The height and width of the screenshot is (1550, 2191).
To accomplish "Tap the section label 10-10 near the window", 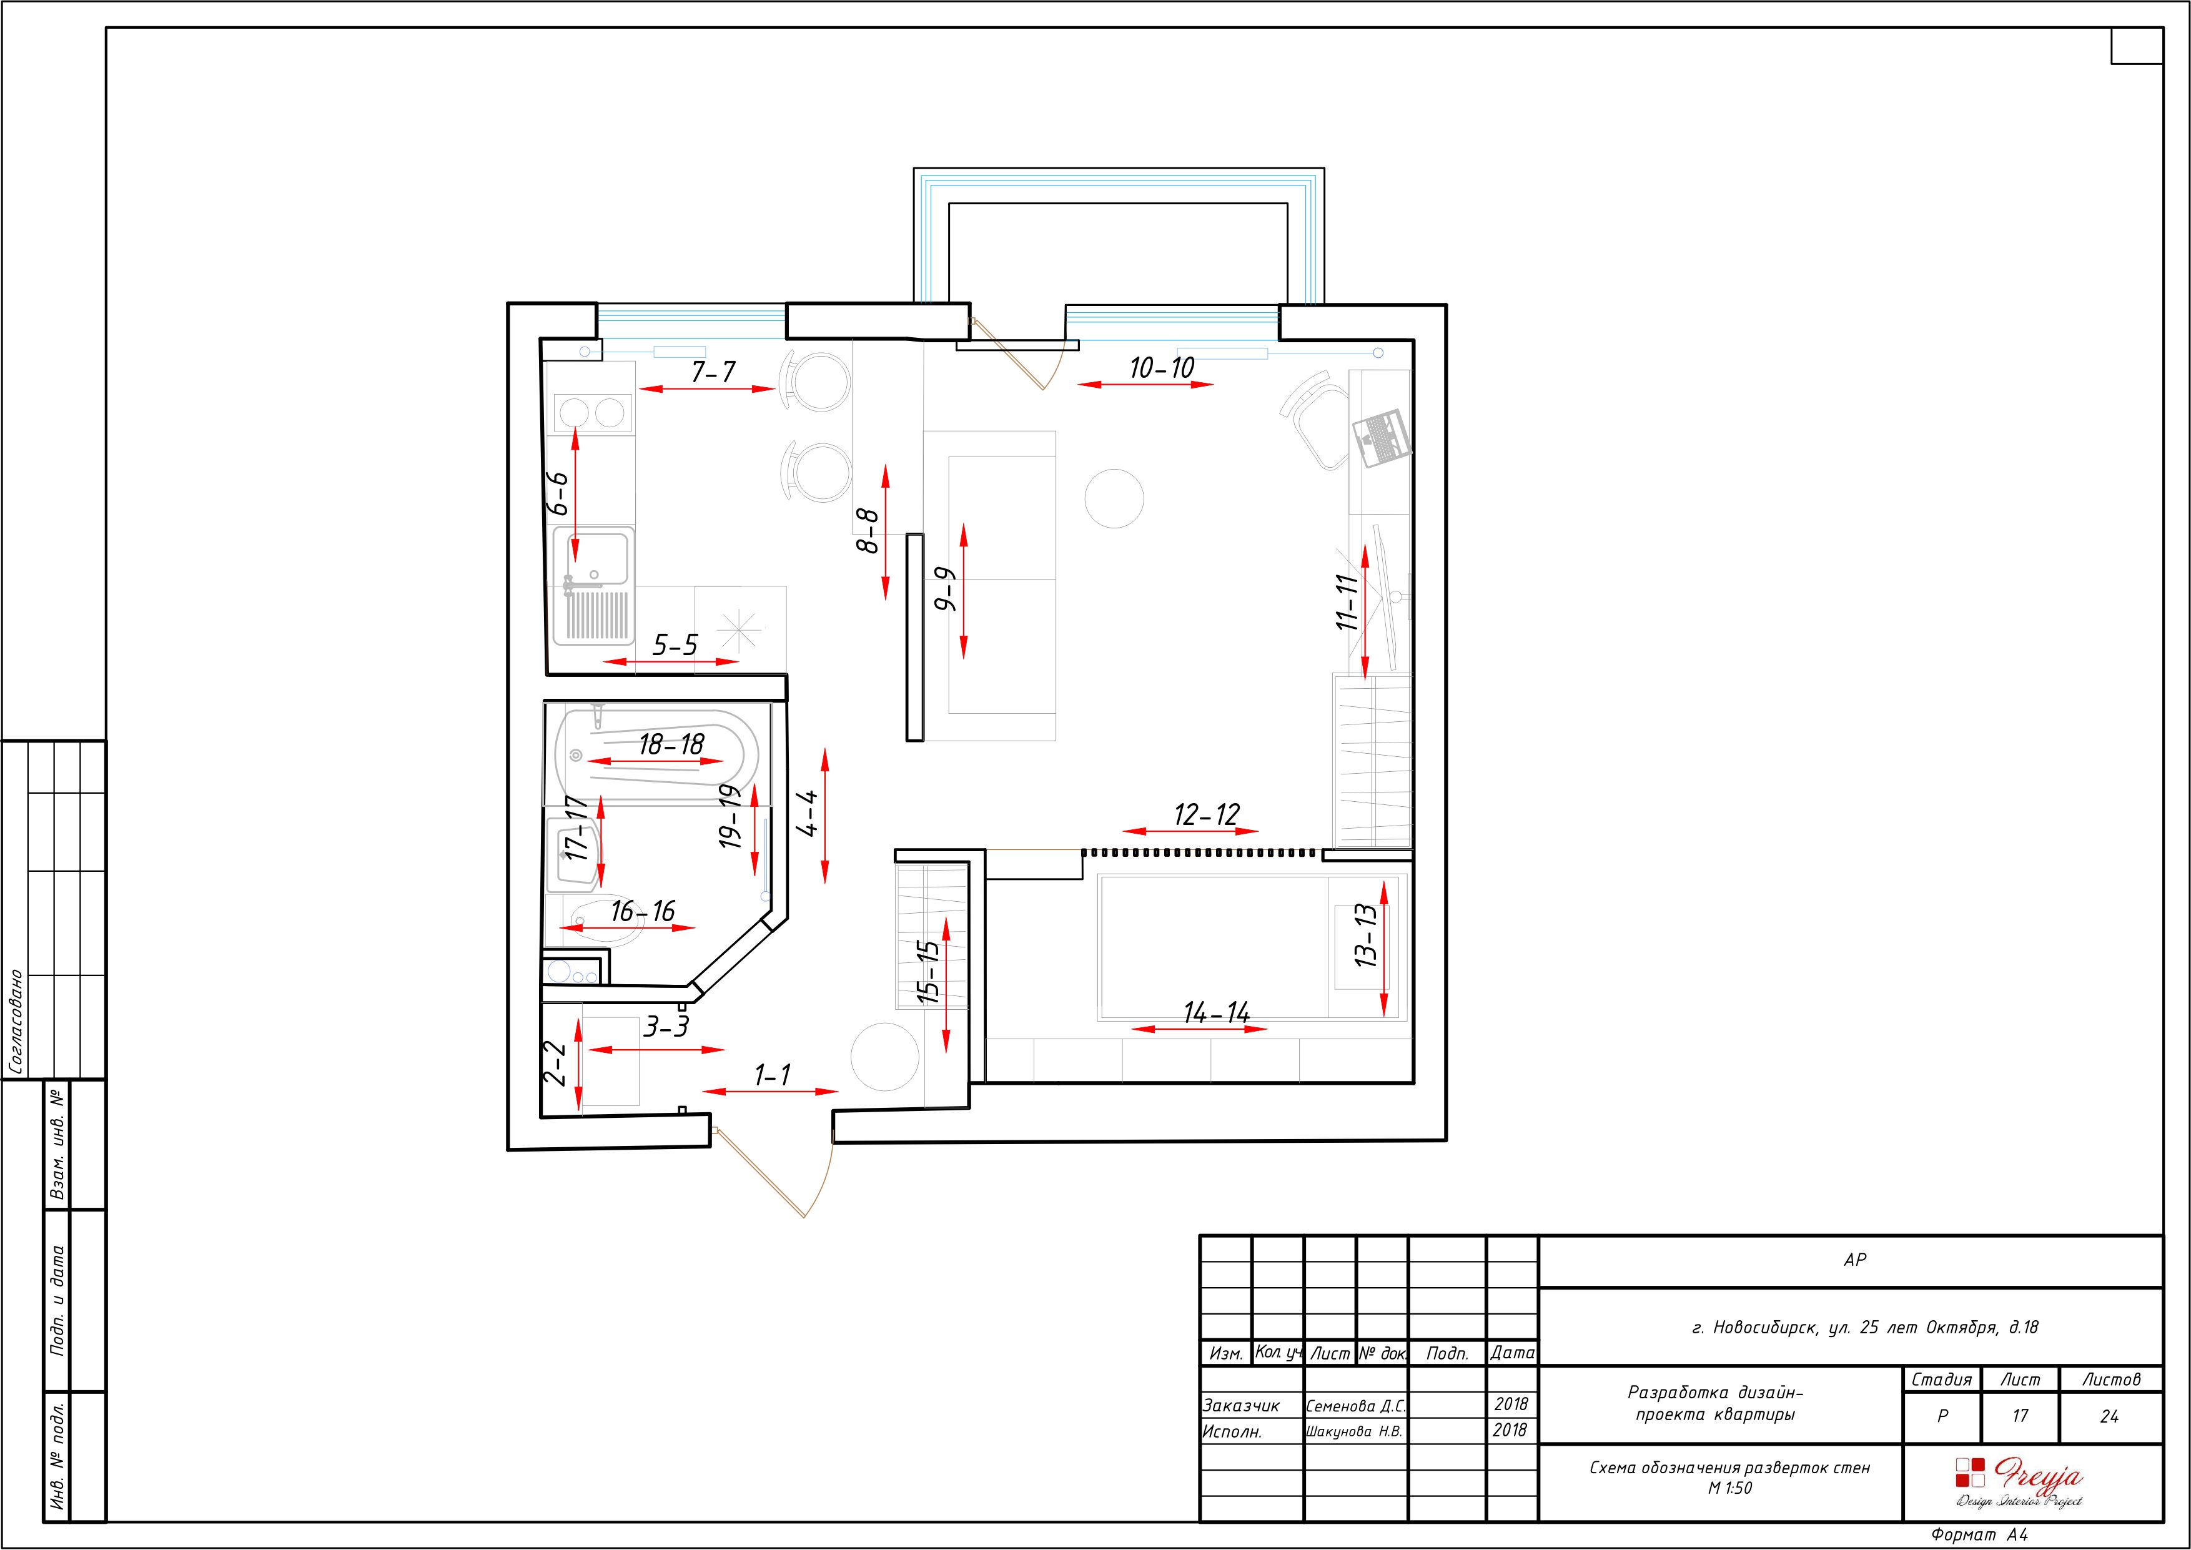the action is (x=1161, y=367).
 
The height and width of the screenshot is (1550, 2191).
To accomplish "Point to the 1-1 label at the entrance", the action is (x=772, y=1075).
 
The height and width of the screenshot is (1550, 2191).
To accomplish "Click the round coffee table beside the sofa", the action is (x=1115, y=498).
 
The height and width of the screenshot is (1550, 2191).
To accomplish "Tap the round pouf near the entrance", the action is (x=884, y=1057).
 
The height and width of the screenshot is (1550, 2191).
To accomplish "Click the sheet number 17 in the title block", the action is (x=2020, y=1416).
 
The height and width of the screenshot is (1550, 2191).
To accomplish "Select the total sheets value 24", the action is (x=2109, y=1416).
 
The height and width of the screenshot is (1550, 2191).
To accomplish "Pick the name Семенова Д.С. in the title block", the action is (x=1355, y=1406).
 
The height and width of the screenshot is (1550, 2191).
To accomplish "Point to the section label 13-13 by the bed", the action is (x=1367, y=935).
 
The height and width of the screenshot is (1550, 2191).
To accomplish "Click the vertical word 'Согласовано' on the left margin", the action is (x=16, y=1022).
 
